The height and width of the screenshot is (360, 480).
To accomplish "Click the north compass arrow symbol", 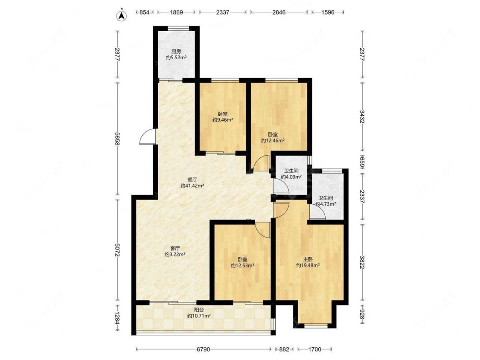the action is coord(122,15).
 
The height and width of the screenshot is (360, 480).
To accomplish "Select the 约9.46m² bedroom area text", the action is coord(223,120).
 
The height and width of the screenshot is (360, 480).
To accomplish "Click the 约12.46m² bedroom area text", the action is coord(273,140).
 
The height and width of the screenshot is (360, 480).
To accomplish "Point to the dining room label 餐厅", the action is coord(192,180).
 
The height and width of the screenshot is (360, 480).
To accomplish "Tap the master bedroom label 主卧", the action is coord(308,259).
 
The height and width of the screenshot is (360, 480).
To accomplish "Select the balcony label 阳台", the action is coord(199,310).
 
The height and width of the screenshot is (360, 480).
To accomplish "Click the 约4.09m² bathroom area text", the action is coord(291,177).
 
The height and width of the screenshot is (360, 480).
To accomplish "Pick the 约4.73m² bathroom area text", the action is coord(326,203).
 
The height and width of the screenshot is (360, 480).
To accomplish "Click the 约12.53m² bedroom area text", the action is coord(242,265).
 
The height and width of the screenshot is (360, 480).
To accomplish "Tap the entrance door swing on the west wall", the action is coord(147,136).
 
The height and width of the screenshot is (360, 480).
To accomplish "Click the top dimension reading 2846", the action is coord(279,12).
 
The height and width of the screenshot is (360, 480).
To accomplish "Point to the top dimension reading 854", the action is coord(144,12).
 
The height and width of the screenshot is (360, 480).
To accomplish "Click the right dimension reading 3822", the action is coord(362,262).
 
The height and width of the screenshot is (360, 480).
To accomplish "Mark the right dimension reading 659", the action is coord(362,163).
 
